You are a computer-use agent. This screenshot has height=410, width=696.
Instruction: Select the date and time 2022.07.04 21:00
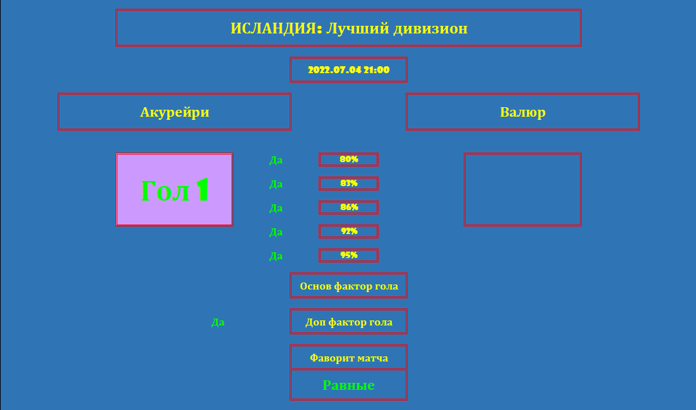click(x=348, y=69)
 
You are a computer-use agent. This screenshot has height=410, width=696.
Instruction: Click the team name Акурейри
click(x=174, y=112)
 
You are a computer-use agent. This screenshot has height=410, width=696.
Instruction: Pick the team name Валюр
click(x=522, y=112)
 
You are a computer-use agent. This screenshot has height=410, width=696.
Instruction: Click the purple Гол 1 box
click(x=174, y=189)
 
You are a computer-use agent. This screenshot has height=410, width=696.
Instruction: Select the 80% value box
click(x=348, y=160)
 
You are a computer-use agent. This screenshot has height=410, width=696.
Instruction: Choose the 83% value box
click(x=348, y=184)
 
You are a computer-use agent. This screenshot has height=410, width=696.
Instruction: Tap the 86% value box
click(x=348, y=208)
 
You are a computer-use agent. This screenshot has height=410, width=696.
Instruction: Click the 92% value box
click(x=348, y=231)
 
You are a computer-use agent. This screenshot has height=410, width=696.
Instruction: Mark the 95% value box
click(x=348, y=255)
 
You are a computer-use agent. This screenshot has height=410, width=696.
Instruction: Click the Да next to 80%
click(x=276, y=160)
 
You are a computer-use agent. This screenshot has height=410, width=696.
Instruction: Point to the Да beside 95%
click(x=276, y=256)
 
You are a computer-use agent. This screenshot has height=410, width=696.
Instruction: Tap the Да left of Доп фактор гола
click(x=218, y=322)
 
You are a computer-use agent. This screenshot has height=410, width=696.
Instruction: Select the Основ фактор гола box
click(x=348, y=285)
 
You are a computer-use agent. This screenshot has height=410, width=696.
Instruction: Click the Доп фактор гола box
click(x=348, y=321)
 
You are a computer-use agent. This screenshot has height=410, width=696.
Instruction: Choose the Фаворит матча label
click(x=348, y=358)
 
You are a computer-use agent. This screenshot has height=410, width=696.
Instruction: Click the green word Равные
click(x=348, y=385)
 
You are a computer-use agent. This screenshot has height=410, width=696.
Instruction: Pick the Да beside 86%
click(x=276, y=208)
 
